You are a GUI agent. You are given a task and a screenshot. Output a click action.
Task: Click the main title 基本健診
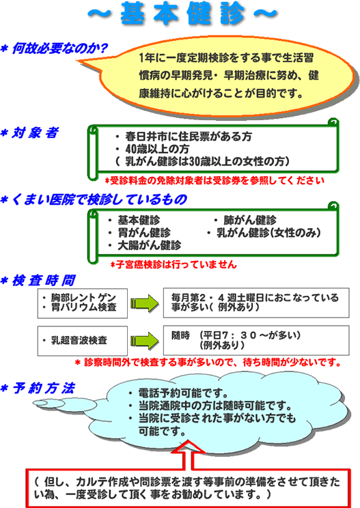tap(182, 14)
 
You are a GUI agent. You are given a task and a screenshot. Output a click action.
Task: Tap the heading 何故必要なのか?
tap(59, 48)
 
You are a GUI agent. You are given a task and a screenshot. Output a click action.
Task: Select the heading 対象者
tap(35, 133)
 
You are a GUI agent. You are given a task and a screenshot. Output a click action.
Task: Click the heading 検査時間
tap(44, 280)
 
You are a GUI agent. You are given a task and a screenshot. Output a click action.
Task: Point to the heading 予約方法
tap(44, 388)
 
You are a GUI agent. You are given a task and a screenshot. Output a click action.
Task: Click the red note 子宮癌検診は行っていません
tap(174, 265)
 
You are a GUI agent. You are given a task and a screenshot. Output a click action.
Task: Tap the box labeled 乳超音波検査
tap(82, 341)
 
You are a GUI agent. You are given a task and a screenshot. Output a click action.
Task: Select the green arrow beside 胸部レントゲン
tap(145, 303)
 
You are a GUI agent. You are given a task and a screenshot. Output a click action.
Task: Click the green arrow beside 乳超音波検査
tap(145, 341)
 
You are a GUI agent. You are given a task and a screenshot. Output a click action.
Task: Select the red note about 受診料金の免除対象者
tap(214, 180)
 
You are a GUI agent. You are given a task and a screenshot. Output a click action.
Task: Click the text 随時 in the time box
tap(180, 335)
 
